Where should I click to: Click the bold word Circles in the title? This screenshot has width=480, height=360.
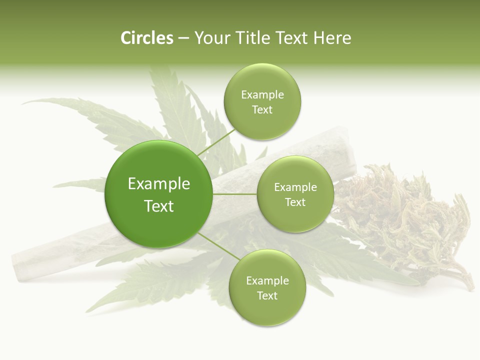[147, 38]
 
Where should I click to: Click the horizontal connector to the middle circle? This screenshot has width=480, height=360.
[235, 194]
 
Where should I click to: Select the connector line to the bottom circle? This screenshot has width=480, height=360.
[218, 246]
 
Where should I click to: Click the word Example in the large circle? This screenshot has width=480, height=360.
[159, 184]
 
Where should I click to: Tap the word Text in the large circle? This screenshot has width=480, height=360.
[159, 206]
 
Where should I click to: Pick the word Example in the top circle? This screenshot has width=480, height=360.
[262, 95]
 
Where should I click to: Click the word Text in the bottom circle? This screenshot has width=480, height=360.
[267, 296]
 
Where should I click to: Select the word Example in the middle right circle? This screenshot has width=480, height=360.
[295, 187]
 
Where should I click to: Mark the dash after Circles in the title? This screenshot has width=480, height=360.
[183, 38]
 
